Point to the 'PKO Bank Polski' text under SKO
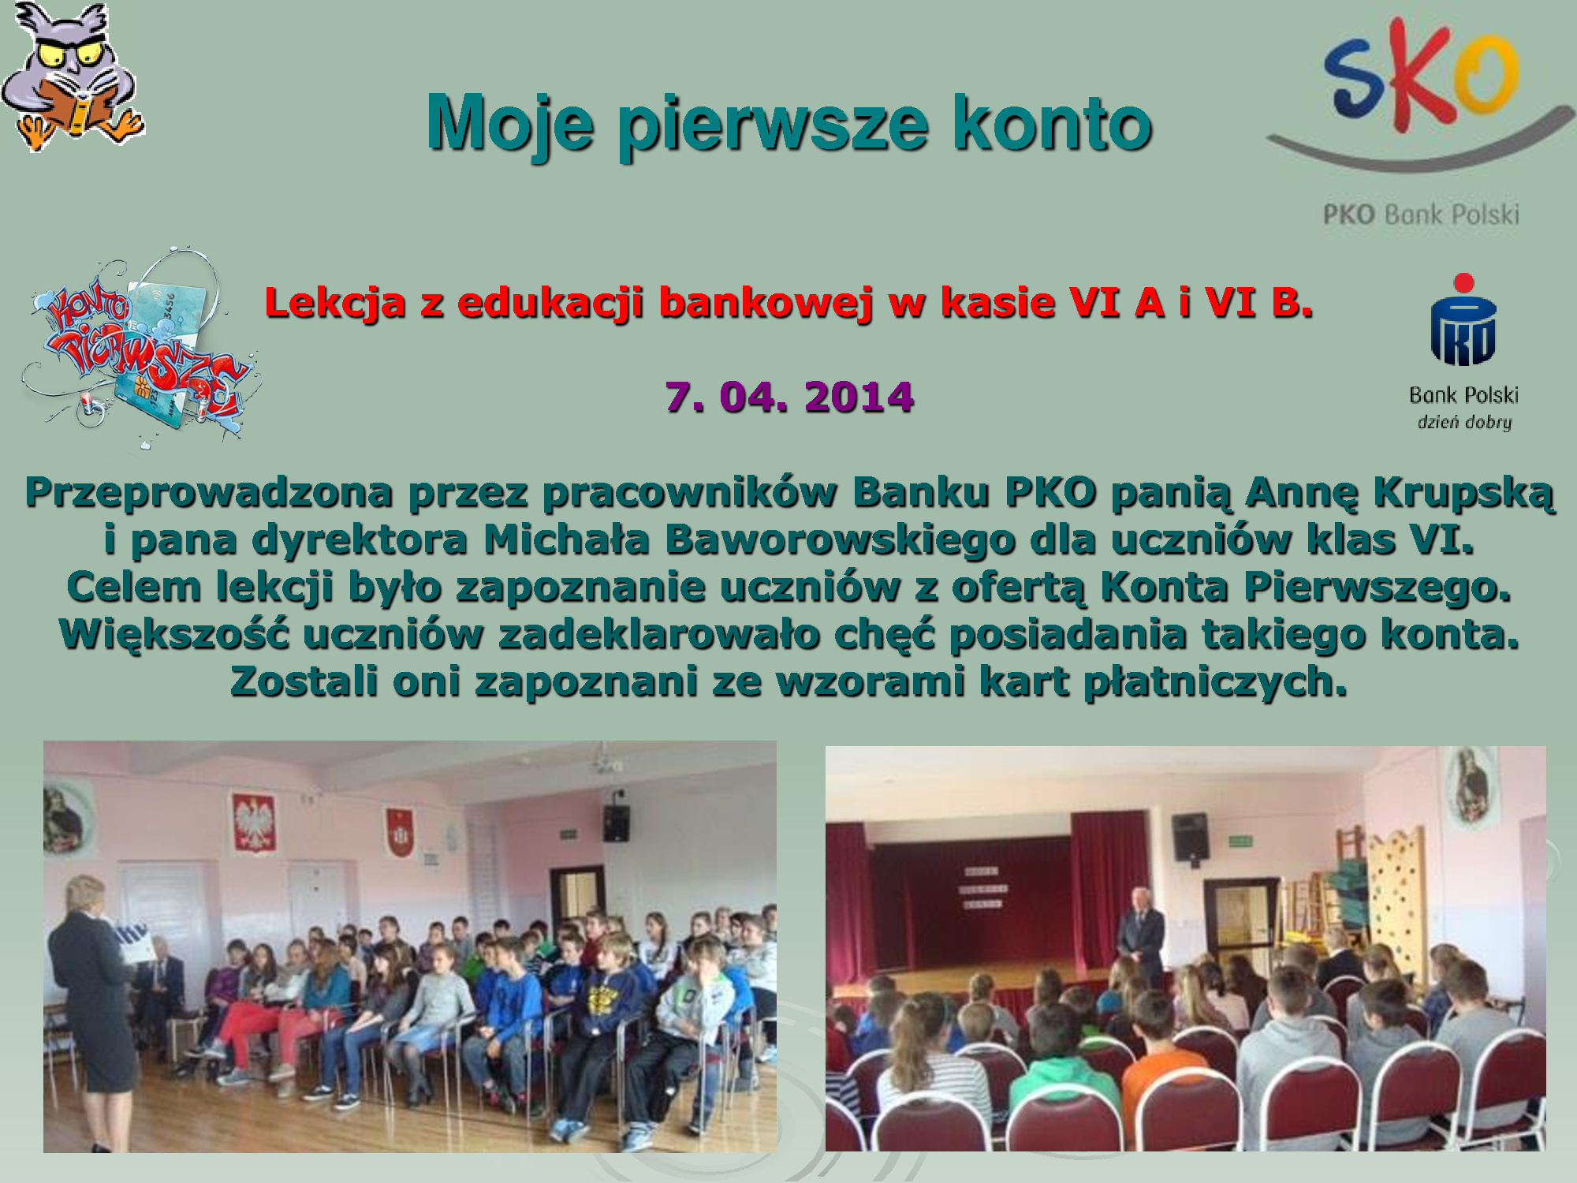[1421, 214]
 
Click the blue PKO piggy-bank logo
[1463, 319]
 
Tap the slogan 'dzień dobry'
[1464, 423]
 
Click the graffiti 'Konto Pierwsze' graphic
[139, 347]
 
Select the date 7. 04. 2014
[789, 397]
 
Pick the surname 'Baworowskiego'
[840, 539]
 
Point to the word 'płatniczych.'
[1215, 683]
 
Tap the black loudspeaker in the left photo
[616, 823]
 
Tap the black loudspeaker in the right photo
[1189, 837]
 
